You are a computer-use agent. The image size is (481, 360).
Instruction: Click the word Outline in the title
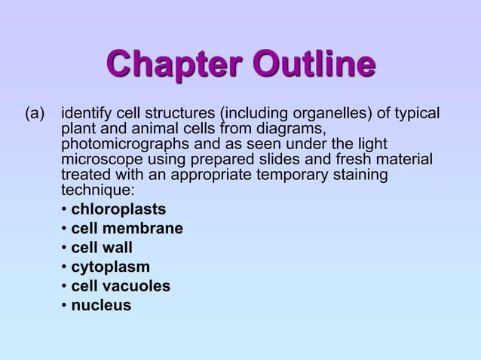315,65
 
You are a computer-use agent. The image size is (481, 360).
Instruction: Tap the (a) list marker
35,114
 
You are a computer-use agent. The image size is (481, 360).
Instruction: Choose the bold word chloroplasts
118,209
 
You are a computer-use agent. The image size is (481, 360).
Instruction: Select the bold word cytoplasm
110,267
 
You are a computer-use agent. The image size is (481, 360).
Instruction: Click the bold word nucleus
101,305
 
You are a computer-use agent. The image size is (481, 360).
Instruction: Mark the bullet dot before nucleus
65,306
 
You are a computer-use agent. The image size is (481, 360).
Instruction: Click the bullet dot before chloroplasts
65,209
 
